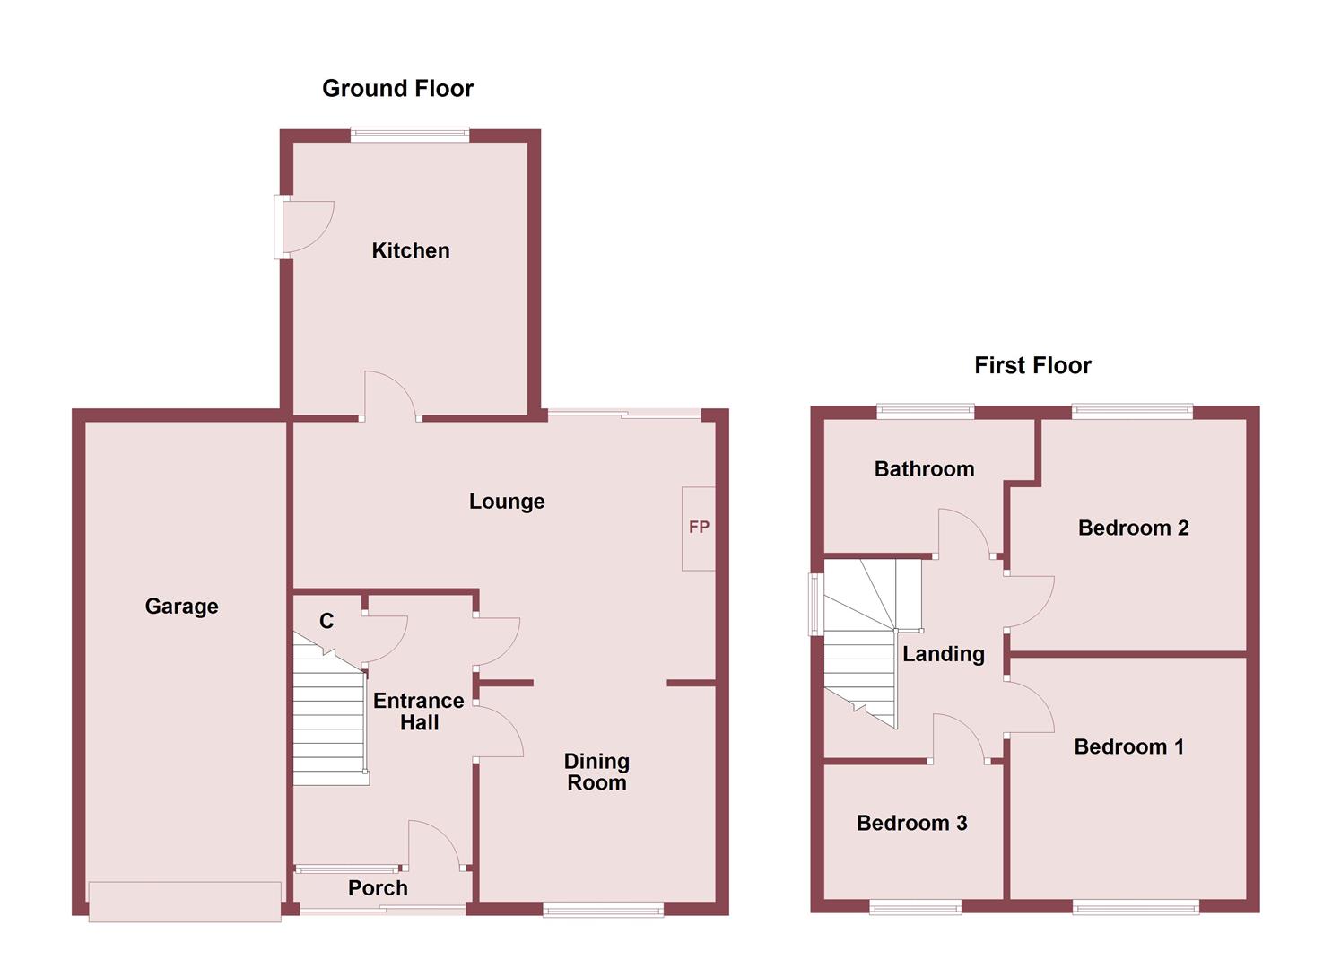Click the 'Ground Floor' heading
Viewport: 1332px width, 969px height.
(397, 88)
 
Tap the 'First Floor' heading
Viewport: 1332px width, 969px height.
(1032, 365)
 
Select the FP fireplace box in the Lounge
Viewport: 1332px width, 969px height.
(699, 528)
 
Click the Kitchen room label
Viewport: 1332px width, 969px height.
(411, 250)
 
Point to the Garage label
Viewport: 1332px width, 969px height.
(181, 607)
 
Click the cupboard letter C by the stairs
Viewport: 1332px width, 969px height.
(326, 621)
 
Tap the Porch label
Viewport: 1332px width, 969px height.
(378, 888)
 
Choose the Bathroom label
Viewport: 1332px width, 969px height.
(924, 468)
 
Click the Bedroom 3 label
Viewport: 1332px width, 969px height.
(911, 823)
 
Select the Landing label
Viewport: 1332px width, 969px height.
(943, 654)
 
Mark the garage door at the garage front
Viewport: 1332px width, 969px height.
(185, 901)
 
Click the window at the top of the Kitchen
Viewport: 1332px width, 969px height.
(410, 135)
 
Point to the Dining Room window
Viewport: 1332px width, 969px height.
(603, 910)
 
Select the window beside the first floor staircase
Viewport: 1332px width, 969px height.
(816, 604)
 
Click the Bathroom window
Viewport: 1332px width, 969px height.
(925, 412)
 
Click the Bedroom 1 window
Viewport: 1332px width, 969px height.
(1136, 908)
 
